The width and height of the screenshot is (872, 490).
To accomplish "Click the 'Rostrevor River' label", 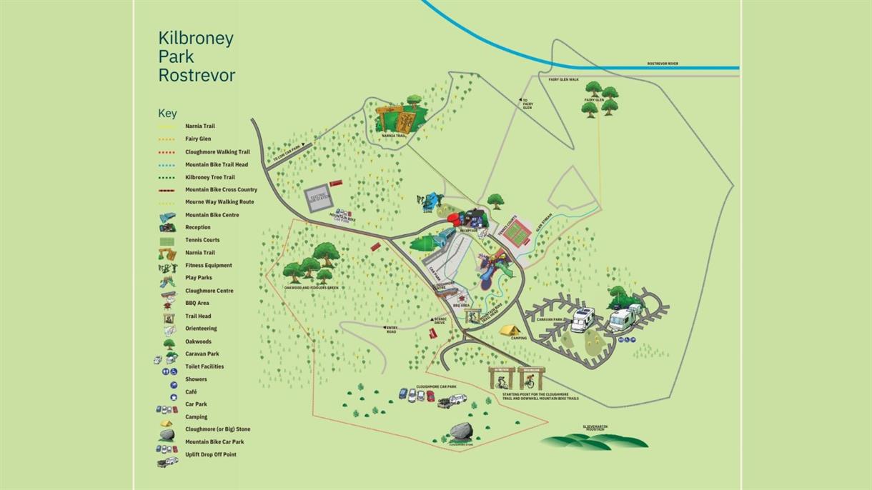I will (663, 64).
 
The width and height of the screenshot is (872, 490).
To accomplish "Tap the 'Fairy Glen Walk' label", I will (563, 79).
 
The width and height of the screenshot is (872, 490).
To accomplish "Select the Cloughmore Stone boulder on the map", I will (461, 432).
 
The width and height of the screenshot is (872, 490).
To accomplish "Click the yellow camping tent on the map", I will (509, 330).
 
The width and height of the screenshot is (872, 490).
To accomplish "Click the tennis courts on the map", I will (516, 231).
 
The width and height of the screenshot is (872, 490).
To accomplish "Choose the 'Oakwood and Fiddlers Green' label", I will (311, 287).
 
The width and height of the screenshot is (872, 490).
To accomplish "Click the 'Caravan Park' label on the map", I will (551, 320).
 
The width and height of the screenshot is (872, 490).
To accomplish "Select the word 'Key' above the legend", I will (167, 113).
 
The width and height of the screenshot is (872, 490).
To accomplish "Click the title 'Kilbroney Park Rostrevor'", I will (196, 56).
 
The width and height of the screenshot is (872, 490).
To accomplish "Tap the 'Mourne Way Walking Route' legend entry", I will (219, 202).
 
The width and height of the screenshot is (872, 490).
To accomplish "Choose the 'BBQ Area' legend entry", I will (197, 303).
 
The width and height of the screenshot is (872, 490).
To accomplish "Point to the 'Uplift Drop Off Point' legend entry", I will (210, 454).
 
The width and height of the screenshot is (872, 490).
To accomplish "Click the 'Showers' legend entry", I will (196, 379).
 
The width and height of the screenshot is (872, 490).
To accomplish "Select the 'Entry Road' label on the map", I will (391, 330).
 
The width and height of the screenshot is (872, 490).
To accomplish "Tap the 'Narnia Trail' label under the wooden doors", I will (394, 135).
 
